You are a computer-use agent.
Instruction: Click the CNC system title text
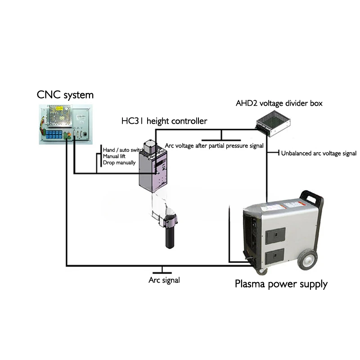(65, 95)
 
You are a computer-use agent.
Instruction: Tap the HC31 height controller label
(164, 121)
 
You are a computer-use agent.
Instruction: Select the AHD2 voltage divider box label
(279, 103)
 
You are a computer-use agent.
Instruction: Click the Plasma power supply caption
(281, 284)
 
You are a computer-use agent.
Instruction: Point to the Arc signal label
(164, 280)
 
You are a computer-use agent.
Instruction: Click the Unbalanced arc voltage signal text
(319, 153)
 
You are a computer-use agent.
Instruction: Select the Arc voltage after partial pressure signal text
(214, 146)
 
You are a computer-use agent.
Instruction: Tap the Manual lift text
(114, 156)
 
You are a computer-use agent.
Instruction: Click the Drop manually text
(119, 163)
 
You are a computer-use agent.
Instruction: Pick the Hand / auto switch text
(123, 150)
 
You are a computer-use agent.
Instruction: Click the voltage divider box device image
(273, 123)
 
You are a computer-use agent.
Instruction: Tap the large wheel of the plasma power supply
(307, 260)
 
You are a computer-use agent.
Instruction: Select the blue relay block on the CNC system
(54, 135)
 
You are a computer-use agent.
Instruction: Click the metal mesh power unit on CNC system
(59, 116)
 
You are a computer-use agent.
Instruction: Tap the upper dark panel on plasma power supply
(275, 235)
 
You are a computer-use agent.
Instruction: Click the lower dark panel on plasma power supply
(275, 256)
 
